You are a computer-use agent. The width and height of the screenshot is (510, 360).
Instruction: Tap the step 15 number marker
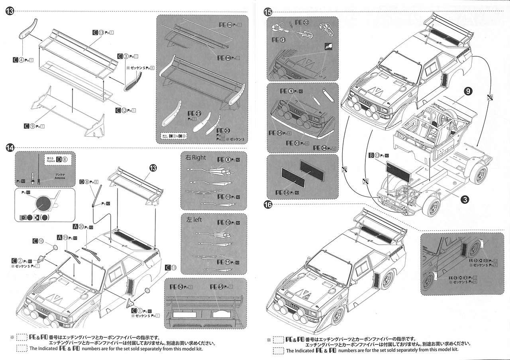(268, 12)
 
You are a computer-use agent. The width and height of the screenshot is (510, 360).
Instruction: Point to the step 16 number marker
(268, 205)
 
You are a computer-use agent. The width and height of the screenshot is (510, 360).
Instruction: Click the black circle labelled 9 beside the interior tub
(468, 91)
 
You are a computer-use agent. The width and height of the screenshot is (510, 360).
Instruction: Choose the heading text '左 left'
(194, 219)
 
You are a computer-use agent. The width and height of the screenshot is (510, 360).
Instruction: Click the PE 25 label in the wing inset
(195, 114)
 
